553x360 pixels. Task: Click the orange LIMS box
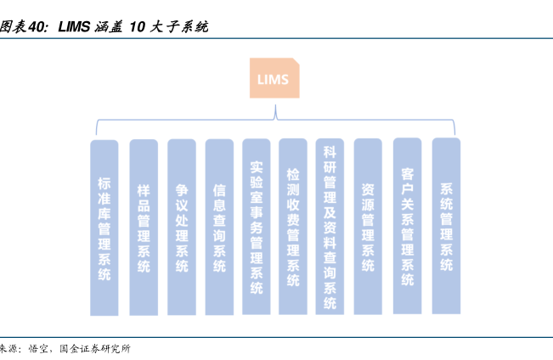[x=273, y=80]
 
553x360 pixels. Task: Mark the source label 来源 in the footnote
[x=8, y=349]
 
